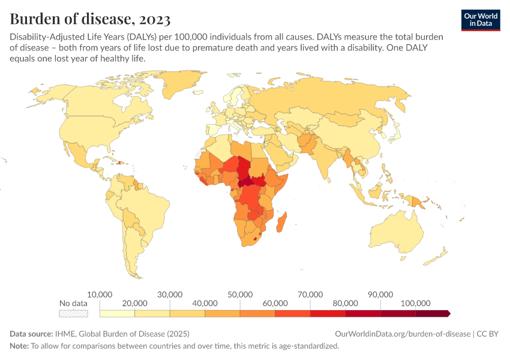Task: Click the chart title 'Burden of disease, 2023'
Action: pyautogui.click(x=89, y=19)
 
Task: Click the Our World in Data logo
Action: pyautogui.click(x=481, y=20)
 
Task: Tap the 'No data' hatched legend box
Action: pyautogui.click(x=73, y=313)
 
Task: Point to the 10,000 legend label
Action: pyautogui.click(x=100, y=295)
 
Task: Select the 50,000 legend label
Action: pyautogui.click(x=240, y=295)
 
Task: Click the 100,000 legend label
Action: pyautogui.click(x=415, y=303)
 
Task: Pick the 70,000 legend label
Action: pyautogui.click(x=310, y=295)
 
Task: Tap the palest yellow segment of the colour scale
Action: pyautogui.click(x=118, y=313)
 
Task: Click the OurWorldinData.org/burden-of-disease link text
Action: pyautogui.click(x=402, y=334)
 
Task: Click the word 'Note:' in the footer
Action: pyautogui.click(x=19, y=346)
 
